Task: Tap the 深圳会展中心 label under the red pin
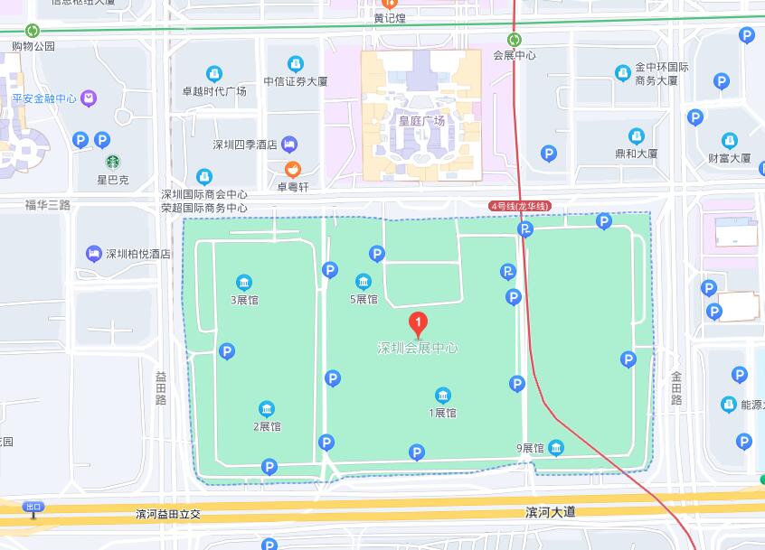pos(418,348)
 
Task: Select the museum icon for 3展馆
pos(243,283)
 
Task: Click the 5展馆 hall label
pos(364,299)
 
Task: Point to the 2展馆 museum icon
pos(267,409)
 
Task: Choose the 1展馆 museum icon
pos(443,396)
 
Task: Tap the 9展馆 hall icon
pos(556,447)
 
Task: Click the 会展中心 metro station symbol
pos(514,39)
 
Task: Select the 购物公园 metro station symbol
pos(33,31)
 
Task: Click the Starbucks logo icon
pos(113,163)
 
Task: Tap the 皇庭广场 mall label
pos(421,120)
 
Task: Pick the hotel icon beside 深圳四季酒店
pos(289,144)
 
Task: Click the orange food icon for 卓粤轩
pos(293,170)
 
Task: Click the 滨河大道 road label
pos(550,512)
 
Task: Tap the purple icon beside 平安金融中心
pos(89,98)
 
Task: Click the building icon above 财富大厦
pos(729,140)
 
